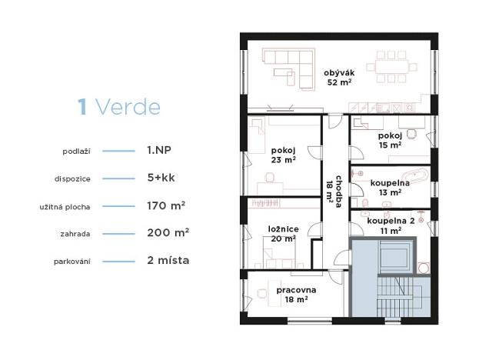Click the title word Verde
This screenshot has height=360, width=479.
click(127, 107)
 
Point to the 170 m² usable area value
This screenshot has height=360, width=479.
click(168, 205)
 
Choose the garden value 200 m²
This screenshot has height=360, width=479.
click(168, 232)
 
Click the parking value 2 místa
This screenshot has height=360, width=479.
click(168, 260)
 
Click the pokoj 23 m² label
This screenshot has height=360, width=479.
click(283, 155)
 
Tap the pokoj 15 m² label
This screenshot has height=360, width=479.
click(390, 139)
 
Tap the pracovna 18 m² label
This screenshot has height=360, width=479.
click(292, 295)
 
